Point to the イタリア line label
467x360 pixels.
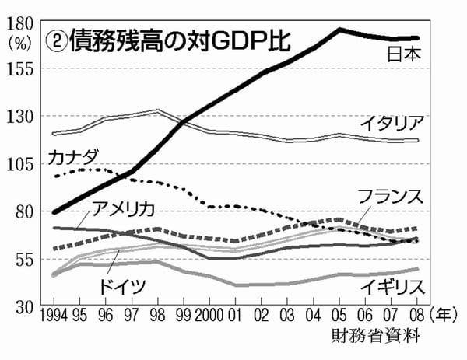pos(393,123)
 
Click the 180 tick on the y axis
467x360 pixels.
pos(17,23)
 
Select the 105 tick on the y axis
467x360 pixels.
pos(17,163)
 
